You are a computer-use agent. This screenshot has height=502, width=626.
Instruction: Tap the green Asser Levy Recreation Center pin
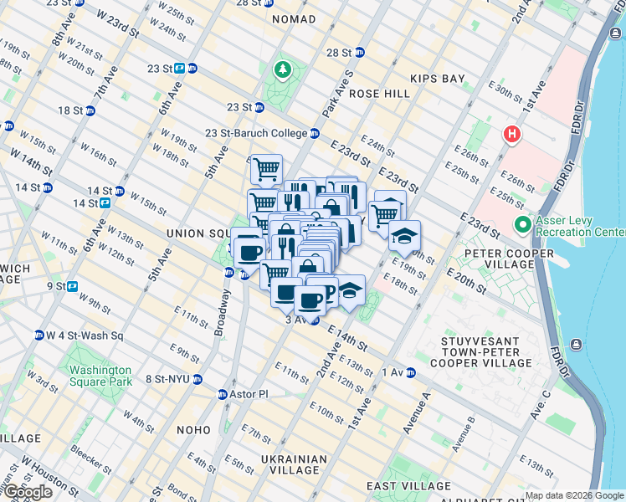coord(524,224)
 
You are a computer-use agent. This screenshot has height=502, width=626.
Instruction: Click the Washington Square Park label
coord(100,376)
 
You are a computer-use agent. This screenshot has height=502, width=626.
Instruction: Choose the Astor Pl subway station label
coord(247,393)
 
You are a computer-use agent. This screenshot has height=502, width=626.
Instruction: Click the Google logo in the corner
coord(28,492)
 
